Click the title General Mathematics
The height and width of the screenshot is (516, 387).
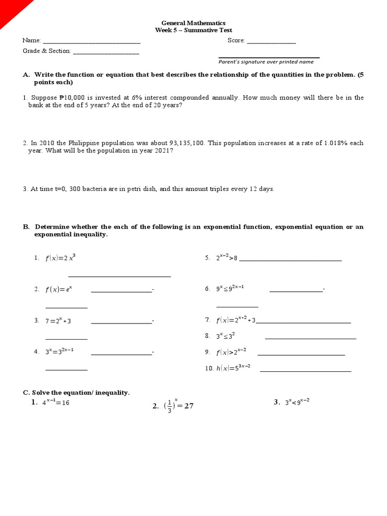click(x=193, y=23)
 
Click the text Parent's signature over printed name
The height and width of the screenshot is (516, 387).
click(x=266, y=62)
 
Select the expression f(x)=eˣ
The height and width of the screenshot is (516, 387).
click(x=59, y=289)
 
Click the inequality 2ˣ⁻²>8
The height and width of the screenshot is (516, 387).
click(x=226, y=258)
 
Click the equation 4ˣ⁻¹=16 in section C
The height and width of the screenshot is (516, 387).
click(x=55, y=403)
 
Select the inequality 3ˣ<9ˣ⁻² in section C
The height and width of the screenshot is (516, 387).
click(x=297, y=402)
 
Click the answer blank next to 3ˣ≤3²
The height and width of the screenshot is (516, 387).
click(x=310, y=338)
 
